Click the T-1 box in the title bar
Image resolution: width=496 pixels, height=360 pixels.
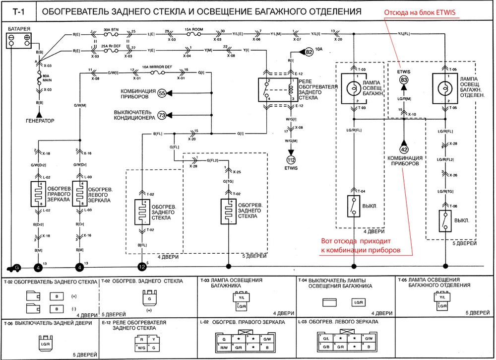click(18, 11)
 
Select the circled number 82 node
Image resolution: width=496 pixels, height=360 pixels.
click(310, 51)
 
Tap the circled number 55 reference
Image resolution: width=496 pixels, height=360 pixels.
click(162, 93)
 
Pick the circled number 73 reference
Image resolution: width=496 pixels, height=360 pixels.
click(162, 115)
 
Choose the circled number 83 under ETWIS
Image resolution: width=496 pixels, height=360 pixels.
click(404, 79)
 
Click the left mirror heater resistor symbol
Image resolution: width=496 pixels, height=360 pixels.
click(79, 193)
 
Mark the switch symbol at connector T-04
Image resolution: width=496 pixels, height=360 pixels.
click(353, 205)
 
